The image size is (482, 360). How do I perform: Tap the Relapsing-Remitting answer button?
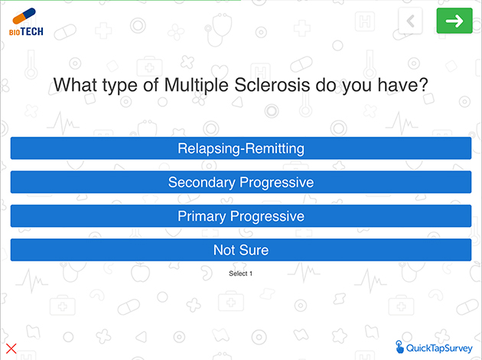point(241,148)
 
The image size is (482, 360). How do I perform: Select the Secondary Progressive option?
point(241,182)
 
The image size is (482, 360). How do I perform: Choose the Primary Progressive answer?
point(241,216)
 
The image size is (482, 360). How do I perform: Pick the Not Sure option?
point(241,250)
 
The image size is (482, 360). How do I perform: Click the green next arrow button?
point(454,21)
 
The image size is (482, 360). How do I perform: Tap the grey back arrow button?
point(410,21)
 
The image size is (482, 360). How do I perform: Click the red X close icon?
point(11,349)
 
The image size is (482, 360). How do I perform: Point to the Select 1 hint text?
point(240,274)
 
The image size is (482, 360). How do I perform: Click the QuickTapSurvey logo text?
point(439,348)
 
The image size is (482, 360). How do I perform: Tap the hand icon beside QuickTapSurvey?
point(399,347)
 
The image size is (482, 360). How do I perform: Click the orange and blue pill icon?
point(24,16)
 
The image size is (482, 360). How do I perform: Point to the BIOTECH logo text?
point(26,31)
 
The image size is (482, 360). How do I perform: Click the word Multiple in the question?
point(196,85)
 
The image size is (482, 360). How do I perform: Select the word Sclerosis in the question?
point(272,85)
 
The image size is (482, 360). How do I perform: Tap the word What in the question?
point(75,85)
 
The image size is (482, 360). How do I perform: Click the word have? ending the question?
point(402,85)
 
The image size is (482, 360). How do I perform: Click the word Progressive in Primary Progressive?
point(267,216)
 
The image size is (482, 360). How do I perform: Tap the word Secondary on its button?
point(202,182)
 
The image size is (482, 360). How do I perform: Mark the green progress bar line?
point(121,0)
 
